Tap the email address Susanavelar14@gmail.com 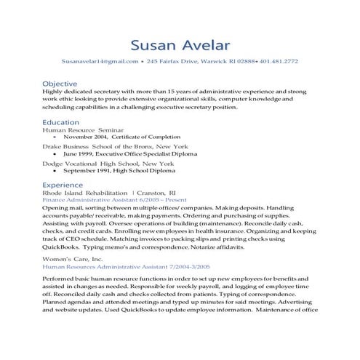pos(100,62)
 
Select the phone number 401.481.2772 pos(279,62)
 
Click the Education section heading pos(61,122)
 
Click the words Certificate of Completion pos(145,137)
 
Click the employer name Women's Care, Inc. pos(73,259)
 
